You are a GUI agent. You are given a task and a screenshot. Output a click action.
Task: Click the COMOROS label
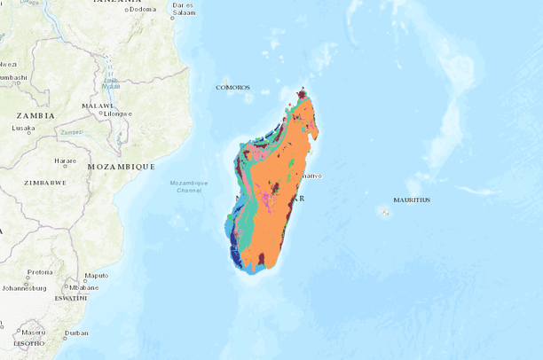(x=233, y=88)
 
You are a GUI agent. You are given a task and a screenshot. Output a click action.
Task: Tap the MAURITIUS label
(x=412, y=200)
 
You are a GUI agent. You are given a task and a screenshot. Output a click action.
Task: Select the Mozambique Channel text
(x=189, y=186)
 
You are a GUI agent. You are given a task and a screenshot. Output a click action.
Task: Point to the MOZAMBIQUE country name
(x=122, y=166)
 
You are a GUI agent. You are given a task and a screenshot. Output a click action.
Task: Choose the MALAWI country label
(x=98, y=106)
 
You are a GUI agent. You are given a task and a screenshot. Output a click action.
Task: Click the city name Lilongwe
(x=117, y=113)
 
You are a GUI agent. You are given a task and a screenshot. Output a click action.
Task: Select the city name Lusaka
(x=23, y=128)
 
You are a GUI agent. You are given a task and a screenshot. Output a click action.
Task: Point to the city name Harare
(x=66, y=160)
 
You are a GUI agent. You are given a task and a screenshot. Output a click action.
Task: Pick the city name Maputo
(x=96, y=275)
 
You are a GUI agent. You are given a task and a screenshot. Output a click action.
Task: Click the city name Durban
(x=76, y=333)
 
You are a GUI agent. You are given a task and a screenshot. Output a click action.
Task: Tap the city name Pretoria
(x=40, y=272)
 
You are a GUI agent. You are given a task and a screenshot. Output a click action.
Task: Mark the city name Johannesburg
(x=24, y=287)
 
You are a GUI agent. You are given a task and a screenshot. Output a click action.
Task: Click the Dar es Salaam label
(x=184, y=9)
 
